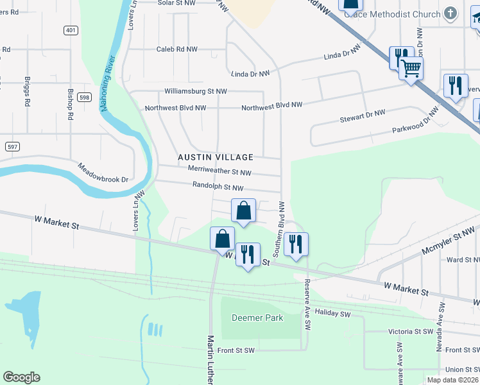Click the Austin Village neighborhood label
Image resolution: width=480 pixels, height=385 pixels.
tap(216, 157)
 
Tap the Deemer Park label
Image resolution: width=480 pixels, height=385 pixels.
tap(248, 318)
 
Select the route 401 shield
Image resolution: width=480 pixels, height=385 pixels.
tap(70, 30)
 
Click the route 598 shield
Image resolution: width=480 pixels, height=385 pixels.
tap(84, 97)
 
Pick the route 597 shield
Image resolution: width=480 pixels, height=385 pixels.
tap(12, 147)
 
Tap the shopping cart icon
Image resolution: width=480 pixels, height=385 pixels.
tap(411, 67)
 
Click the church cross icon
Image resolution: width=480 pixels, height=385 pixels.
tap(451, 14)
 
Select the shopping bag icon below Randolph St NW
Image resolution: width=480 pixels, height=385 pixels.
tap(244, 210)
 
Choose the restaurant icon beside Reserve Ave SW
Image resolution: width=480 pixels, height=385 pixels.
tap(296, 244)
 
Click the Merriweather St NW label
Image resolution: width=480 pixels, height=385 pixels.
tap(219, 172)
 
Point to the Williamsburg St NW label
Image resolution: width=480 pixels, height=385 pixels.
tap(196, 92)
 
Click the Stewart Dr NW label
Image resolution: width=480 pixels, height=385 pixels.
tap(363, 116)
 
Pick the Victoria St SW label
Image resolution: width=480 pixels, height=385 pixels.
tap(411, 332)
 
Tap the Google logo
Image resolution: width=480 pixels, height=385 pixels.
tap(21, 377)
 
